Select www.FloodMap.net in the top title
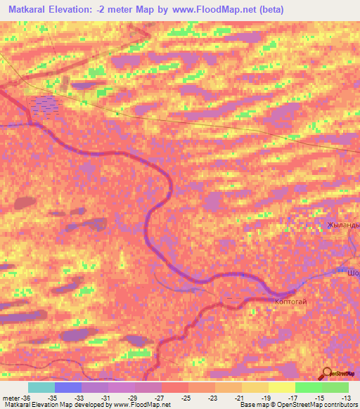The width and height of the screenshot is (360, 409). (x=219, y=10)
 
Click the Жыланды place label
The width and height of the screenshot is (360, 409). (x=343, y=225)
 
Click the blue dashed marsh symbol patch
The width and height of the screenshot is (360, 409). (x=46, y=105)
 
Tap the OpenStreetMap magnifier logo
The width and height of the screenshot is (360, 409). (x=327, y=374)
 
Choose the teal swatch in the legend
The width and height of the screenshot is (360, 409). (x=41, y=387)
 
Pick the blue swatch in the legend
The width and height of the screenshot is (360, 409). (x=68, y=387)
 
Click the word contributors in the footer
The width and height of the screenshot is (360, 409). (x=340, y=405)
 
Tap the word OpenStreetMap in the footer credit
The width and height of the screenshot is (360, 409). (x=297, y=405)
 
